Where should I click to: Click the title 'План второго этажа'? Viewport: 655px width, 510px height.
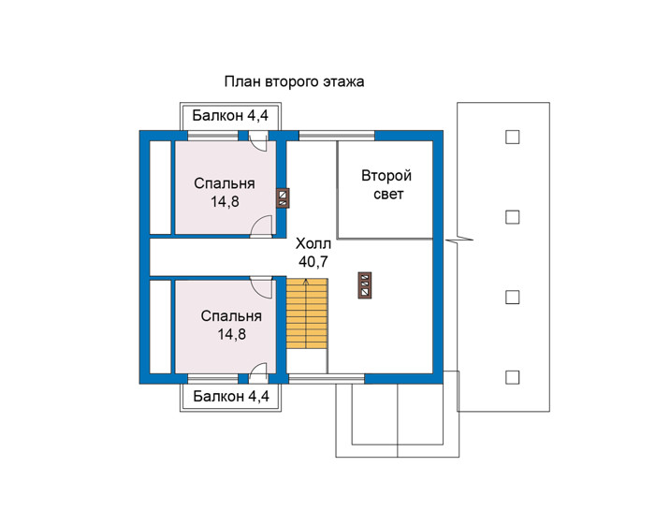[294, 81]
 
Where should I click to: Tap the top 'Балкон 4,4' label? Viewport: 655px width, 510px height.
[230, 115]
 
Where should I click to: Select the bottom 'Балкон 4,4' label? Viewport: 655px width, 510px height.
[231, 396]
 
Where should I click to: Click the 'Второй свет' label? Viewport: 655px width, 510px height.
[386, 184]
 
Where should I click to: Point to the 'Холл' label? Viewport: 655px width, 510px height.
[313, 243]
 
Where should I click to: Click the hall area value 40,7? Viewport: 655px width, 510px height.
[313, 262]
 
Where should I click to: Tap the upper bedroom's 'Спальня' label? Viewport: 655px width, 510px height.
[225, 183]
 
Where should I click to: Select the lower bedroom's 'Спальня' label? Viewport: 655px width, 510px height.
[231, 316]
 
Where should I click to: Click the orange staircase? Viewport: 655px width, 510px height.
[307, 313]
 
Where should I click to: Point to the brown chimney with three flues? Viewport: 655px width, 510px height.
[365, 285]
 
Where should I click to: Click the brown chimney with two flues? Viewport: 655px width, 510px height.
[283, 198]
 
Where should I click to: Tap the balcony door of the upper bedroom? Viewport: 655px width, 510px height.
[257, 141]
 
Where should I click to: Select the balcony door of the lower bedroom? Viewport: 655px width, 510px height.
[257, 372]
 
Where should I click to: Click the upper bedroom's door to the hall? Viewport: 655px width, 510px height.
[262, 227]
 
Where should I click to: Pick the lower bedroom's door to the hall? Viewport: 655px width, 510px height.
[262, 287]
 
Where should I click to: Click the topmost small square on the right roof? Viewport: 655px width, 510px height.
[512, 137]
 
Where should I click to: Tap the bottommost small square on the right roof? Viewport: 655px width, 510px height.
[512, 377]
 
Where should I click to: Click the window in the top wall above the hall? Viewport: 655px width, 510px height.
[337, 136]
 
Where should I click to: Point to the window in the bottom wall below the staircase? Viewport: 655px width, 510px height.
[327, 378]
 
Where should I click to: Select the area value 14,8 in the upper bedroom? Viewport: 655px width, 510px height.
[225, 202]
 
